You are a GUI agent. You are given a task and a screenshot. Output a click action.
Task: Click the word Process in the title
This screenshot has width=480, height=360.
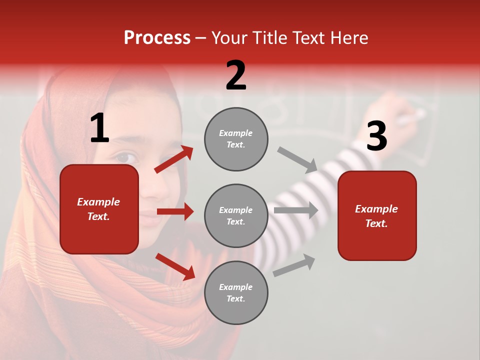(157, 38)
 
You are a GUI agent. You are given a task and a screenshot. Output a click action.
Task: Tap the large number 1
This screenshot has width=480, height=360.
(99, 128)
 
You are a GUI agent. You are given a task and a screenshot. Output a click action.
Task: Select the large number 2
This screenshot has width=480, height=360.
(236, 76)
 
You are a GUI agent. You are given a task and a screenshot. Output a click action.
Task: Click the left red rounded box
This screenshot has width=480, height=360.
(99, 209)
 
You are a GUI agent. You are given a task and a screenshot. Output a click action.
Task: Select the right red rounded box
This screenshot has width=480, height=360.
(377, 215)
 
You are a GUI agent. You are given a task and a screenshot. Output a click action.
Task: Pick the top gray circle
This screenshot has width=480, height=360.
(236, 139)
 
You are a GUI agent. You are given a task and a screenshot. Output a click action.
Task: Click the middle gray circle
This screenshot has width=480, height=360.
(236, 215)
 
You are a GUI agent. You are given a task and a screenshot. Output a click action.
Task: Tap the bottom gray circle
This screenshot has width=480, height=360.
(236, 292)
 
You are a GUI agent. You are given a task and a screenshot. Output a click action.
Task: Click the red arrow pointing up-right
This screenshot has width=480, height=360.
(174, 159)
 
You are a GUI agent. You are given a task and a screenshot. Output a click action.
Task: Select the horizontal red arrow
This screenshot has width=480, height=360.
(175, 211)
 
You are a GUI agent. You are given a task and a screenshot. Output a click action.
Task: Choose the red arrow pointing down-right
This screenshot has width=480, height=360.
(175, 266)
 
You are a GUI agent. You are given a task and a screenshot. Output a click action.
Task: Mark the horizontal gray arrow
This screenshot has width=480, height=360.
(296, 210)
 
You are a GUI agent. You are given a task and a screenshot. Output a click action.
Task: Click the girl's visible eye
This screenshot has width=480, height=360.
(126, 157)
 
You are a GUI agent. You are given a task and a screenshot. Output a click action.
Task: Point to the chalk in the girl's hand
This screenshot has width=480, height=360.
(413, 118)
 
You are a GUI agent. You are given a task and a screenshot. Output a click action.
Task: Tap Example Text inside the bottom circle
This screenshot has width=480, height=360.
(236, 292)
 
